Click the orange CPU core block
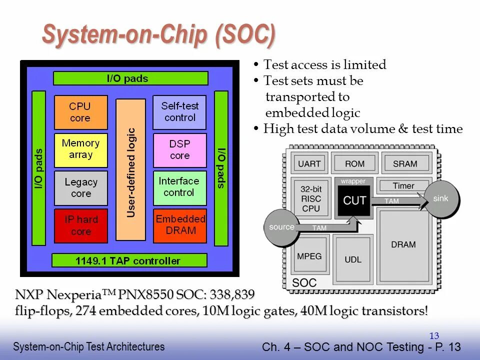point(80,112)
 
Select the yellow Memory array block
point(80,149)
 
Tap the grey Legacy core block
point(80,188)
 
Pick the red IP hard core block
point(80,225)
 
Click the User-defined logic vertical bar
point(130,169)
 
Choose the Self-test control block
point(179,112)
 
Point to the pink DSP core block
point(179,150)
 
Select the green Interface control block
point(179,187)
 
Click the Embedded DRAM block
point(180,225)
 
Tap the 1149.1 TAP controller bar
point(129,260)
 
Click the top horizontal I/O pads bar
point(130,78)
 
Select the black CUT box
point(354,200)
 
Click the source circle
point(281,227)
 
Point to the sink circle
point(440,199)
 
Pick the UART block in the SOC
point(309,164)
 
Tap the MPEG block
point(309,256)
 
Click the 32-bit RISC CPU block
point(310,198)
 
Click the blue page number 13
point(434,336)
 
